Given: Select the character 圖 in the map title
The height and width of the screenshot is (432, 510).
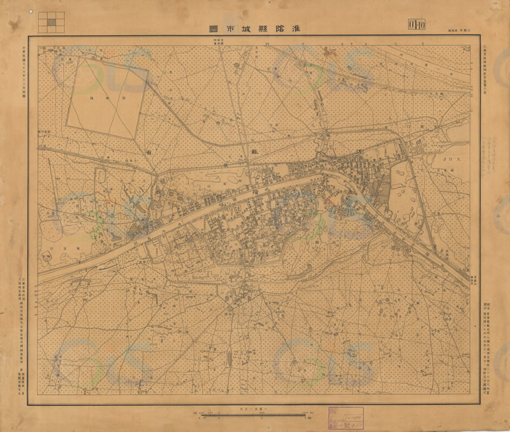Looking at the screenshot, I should tap(213, 27).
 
